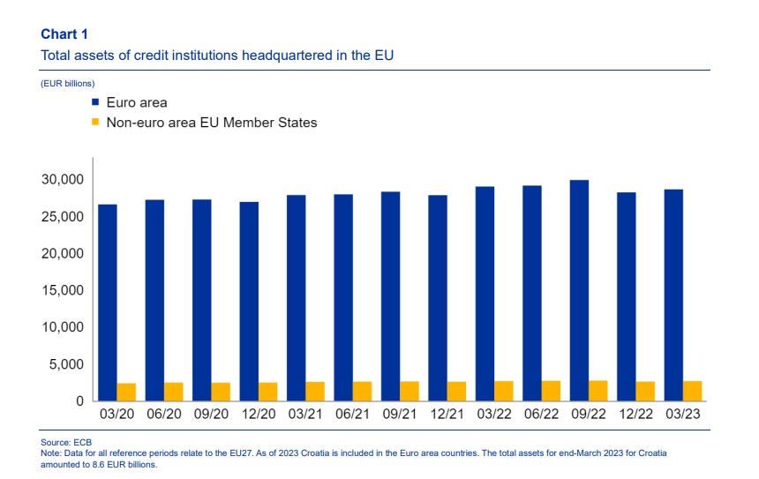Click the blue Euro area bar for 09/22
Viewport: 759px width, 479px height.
[x=579, y=290]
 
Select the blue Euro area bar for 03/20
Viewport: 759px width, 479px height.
[x=108, y=303]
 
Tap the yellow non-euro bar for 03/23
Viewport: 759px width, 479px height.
[x=692, y=391]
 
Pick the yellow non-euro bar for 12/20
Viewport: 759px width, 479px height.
[x=267, y=392]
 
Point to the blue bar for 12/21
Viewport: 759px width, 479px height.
[x=438, y=298]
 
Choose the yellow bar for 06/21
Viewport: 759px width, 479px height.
[x=362, y=392]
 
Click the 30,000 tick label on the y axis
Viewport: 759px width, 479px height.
[x=63, y=179]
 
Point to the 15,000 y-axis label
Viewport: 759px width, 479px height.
[x=63, y=290]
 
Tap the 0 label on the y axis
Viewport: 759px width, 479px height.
[x=79, y=401]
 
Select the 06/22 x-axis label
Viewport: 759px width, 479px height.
[x=541, y=415]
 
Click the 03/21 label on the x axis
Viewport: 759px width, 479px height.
[x=305, y=415]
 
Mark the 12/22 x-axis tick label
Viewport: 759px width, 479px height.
[x=635, y=415]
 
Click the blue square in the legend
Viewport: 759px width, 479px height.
[x=95, y=102]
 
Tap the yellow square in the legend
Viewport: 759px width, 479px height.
[x=95, y=122]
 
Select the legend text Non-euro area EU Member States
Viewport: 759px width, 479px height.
[x=212, y=123]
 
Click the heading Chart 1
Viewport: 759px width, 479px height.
[x=64, y=34]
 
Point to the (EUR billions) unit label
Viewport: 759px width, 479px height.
[x=68, y=84]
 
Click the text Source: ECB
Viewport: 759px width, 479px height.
[x=66, y=442]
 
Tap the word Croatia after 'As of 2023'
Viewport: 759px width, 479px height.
[x=319, y=453]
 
